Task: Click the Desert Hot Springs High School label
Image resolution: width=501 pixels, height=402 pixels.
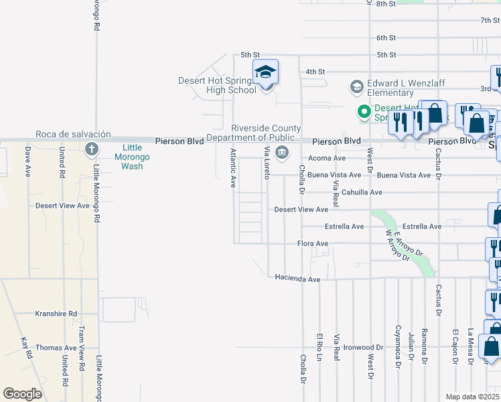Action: coord(217,85)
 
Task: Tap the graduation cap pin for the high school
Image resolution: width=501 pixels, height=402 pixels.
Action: coord(266,72)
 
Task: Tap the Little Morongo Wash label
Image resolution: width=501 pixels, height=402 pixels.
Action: coord(132,157)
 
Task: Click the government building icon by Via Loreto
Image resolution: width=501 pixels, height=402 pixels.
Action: coord(282,152)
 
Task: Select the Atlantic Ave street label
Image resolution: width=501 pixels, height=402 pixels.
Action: coord(233,168)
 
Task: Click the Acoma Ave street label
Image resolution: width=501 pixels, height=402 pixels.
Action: coord(327,159)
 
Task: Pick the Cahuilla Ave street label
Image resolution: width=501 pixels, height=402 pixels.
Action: coord(362,192)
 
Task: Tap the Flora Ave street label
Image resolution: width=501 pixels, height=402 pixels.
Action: coord(313,244)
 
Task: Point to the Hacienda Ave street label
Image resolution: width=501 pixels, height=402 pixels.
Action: coord(297,278)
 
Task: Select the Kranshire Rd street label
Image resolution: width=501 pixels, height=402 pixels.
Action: coord(56,314)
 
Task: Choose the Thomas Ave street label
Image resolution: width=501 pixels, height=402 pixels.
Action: coord(56,348)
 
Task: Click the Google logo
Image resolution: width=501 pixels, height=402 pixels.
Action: coord(22,394)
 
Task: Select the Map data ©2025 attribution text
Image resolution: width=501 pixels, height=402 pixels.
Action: coord(473,397)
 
